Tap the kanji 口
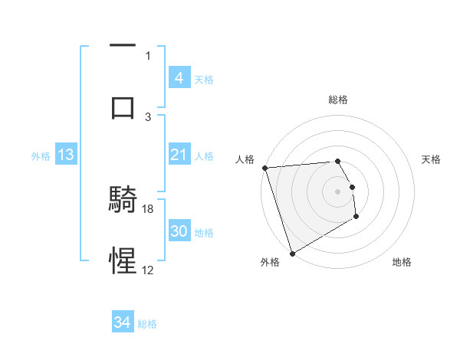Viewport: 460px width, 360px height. [123, 106]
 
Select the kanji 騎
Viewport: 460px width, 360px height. [123, 201]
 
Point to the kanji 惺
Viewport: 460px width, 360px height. [123, 260]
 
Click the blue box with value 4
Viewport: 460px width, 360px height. [179, 77]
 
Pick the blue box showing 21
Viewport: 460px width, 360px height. [179, 155]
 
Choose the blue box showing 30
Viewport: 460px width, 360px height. [179, 231]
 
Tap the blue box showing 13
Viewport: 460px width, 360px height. [66, 155]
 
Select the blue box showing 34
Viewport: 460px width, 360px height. [122, 322]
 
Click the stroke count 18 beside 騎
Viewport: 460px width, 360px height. [149, 208]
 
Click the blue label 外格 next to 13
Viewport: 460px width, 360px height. [41, 155]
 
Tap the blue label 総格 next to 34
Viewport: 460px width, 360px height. [147, 324]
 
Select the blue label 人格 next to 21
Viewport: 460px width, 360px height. [204, 155]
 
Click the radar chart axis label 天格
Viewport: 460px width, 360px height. [432, 159]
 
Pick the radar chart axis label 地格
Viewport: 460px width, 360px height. [402, 262]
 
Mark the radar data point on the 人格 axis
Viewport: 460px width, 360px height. [264, 168]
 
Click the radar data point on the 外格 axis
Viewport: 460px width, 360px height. [292, 253]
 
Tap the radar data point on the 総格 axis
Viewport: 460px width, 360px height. [337, 161]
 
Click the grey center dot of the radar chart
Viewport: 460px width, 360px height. [337, 191]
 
